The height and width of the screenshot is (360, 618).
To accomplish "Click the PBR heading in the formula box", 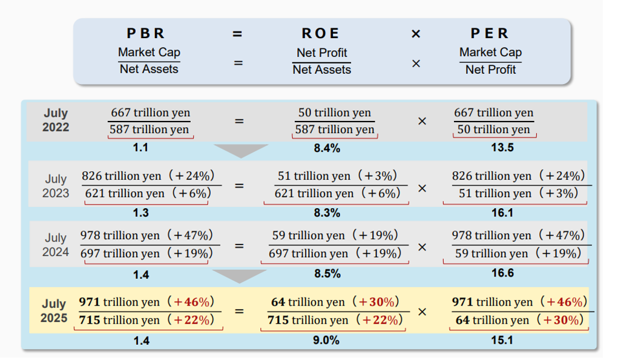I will pos(145,34).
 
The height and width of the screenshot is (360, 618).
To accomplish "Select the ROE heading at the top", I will pos(321,34).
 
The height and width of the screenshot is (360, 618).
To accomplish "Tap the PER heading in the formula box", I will pos(490,34).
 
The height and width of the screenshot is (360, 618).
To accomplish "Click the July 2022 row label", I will pos(56,120).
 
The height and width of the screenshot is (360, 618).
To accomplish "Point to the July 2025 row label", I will pos(54,310).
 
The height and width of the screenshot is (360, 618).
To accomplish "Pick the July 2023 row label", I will pos(56,186).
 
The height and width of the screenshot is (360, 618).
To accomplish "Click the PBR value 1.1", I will pos(140,148).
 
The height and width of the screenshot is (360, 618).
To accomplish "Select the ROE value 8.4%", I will pos(327,148).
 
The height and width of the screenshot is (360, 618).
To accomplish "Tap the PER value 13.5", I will pos(502,148).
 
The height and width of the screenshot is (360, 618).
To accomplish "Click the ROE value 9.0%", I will pos(326,341).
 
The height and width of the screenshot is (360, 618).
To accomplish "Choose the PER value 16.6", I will pos(502,273).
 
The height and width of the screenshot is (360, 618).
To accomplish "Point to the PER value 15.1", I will pos(502,341).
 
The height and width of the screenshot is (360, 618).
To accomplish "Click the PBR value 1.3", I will pos(140,213).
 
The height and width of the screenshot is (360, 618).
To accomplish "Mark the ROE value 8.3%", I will pos(327,213).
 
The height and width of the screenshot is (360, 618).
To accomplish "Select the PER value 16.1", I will pos(502,213).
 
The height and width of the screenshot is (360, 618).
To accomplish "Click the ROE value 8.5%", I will pos(327,273).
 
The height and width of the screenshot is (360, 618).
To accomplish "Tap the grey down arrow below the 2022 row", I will pos(241,150).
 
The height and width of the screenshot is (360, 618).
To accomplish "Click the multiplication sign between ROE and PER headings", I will pos(416,34).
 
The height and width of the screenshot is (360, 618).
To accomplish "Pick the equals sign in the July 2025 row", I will pos(239,312).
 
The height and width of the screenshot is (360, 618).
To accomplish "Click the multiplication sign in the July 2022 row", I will pos(422,121).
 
